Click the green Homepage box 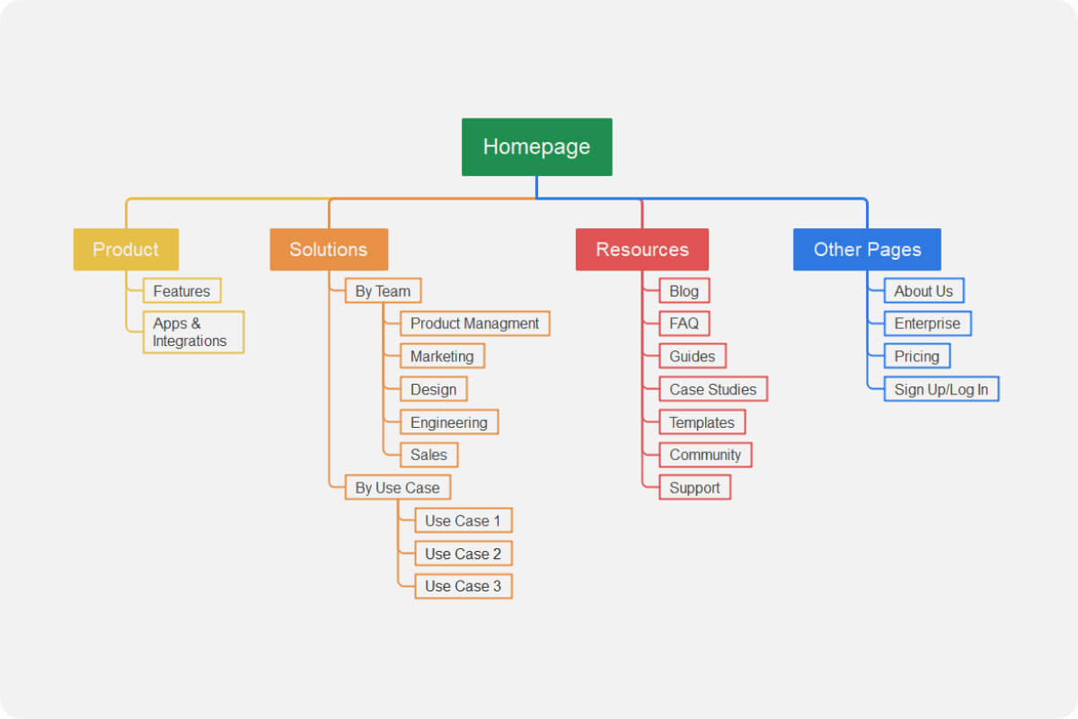[x=536, y=146]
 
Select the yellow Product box [x=126, y=249]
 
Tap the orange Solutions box [x=329, y=249]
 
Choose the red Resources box [x=641, y=249]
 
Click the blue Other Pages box [x=867, y=249]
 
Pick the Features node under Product [x=181, y=290]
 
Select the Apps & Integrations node [x=193, y=332]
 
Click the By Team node [x=383, y=290]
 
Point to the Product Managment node [x=474, y=324]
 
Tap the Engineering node [x=448, y=422]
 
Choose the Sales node [x=429, y=455]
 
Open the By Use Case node [x=397, y=487]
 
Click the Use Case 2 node [x=463, y=554]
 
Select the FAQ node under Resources [x=684, y=324]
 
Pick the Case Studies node [x=713, y=389]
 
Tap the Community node [x=705, y=455]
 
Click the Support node [x=694, y=488]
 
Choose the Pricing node [x=916, y=356]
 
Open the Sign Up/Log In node [x=941, y=389]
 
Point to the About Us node [x=923, y=290]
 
